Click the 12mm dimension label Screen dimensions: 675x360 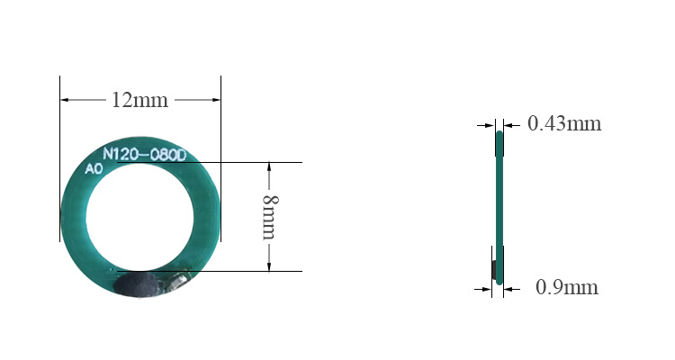click(x=139, y=100)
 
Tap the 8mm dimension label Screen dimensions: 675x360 click(x=271, y=217)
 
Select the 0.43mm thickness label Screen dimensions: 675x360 click(x=564, y=123)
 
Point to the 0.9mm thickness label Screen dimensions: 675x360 click(x=567, y=287)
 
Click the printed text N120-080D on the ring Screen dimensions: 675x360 click(x=145, y=155)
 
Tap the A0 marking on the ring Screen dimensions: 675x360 click(x=94, y=169)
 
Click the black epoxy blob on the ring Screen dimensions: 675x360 click(x=136, y=284)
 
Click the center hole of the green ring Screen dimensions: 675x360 click(x=139, y=218)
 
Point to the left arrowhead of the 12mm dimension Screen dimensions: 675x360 click(x=65, y=100)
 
